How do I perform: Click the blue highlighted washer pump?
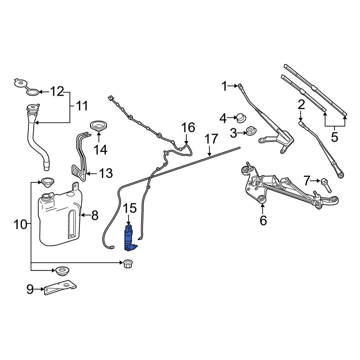click(x=129, y=238)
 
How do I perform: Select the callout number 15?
click(x=130, y=208)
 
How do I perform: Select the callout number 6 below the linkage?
click(x=263, y=220)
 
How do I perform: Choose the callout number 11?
click(x=82, y=106)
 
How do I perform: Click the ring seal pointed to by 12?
click(x=32, y=93)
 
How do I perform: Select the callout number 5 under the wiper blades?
click(x=335, y=137)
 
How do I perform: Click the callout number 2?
click(x=301, y=105)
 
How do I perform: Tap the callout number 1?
click(x=225, y=86)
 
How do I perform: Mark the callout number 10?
click(x=21, y=225)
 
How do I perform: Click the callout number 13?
click(x=106, y=174)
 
